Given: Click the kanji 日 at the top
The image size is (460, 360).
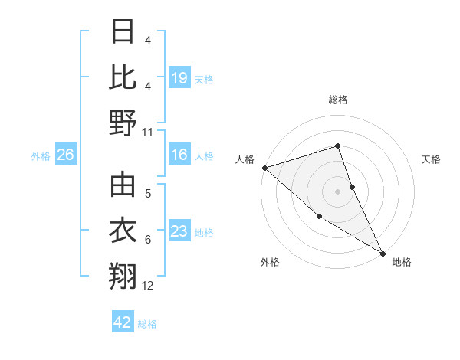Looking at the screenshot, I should tap(123, 32).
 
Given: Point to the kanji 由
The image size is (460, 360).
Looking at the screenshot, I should tap(123, 185).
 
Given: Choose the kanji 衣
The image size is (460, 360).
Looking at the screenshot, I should tap(123, 231).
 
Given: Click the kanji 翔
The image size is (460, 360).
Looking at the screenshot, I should tap(123, 277).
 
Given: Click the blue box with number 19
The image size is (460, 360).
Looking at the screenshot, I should tap(179, 77).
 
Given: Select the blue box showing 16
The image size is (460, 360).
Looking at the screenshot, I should tap(179, 155).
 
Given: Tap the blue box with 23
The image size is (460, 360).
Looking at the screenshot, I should tap(179, 231).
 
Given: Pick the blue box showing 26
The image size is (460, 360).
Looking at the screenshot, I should tap(65, 155).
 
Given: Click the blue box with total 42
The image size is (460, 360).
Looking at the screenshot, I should tap(123, 322).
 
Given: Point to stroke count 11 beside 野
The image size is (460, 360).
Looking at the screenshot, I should tap(148, 133).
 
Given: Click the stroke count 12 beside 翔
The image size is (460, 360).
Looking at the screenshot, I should tap(148, 286).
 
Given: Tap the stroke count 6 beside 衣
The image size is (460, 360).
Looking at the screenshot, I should tap(148, 241).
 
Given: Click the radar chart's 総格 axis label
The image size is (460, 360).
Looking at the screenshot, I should tap(337, 100).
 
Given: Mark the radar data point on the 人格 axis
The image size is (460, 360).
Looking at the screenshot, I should tap(264, 167).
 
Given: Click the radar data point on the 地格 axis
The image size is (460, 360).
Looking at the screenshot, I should tap(383, 253).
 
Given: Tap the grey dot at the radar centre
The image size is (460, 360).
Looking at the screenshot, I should tap(337, 191).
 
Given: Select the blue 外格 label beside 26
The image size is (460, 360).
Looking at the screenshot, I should tap(41, 156).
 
